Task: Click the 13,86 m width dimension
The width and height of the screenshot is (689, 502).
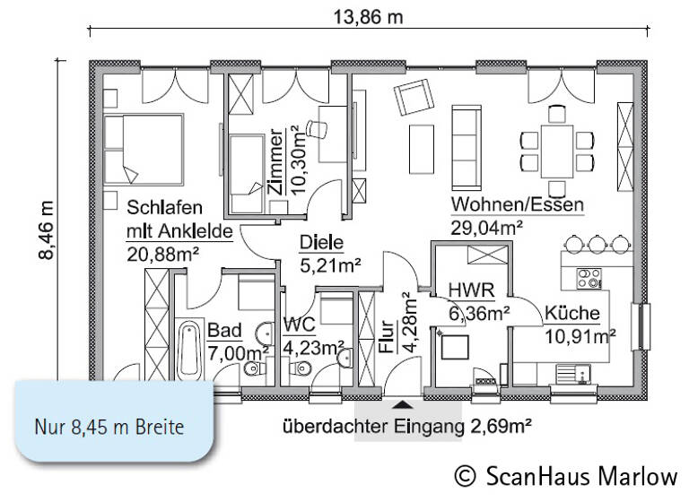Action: pyautogui.click(x=369, y=18)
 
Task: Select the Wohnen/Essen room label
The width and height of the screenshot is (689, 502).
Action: pyautogui.click(x=517, y=204)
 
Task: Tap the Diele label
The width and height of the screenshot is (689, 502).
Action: pyautogui.click(x=321, y=242)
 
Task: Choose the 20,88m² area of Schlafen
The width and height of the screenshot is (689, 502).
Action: pyautogui.click(x=162, y=255)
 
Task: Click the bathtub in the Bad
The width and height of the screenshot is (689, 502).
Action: pyautogui.click(x=189, y=351)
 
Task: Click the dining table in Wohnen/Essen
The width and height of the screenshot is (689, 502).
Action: pyautogui.click(x=558, y=148)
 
